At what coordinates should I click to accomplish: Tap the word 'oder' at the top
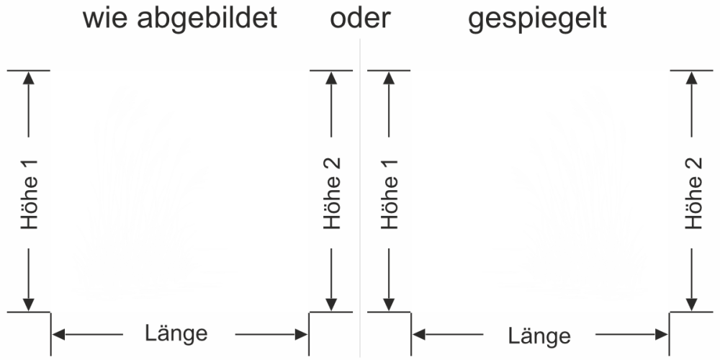click(360, 19)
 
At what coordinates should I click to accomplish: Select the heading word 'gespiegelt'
click(537, 19)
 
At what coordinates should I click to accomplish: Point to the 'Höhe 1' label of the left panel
click(30, 193)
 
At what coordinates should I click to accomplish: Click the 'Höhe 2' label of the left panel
click(331, 193)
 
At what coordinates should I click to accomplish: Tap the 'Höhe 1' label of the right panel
click(390, 193)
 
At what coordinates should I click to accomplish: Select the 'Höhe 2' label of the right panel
click(693, 193)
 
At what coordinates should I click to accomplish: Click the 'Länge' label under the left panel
click(176, 333)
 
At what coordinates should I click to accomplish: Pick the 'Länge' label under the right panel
click(539, 336)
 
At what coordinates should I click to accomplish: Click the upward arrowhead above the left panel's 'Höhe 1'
click(30, 78)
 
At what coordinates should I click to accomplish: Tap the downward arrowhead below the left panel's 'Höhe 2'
click(331, 305)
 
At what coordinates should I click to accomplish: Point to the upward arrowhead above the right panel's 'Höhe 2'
click(693, 78)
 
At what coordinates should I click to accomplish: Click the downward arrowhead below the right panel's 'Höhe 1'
click(390, 305)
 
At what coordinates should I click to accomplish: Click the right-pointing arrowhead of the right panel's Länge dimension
click(662, 335)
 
